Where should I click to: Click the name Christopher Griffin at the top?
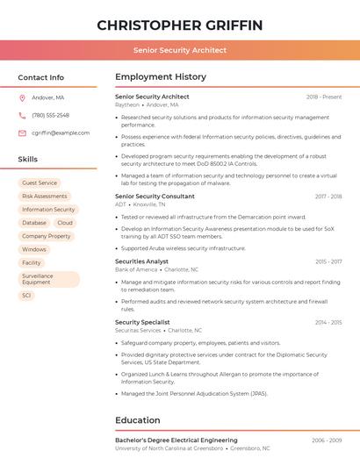[180, 25]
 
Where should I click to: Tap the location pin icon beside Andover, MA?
[22, 97]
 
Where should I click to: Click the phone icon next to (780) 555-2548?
[22, 115]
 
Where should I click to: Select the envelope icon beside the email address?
[22, 132]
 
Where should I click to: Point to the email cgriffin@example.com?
[61, 132]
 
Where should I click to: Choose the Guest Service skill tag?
[40, 183]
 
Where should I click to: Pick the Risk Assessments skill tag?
[45, 197]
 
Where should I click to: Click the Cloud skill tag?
[65, 223]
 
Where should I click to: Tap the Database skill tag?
[34, 223]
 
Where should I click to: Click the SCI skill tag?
[26, 296]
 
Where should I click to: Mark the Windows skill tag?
[34, 249]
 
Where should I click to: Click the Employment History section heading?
[161, 77]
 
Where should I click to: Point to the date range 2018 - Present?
[324, 97]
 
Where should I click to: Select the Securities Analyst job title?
[141, 261]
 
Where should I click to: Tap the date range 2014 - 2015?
[328, 322]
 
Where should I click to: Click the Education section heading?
[138, 420]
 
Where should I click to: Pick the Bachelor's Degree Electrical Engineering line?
[176, 440]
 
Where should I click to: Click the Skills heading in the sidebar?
[28, 160]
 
